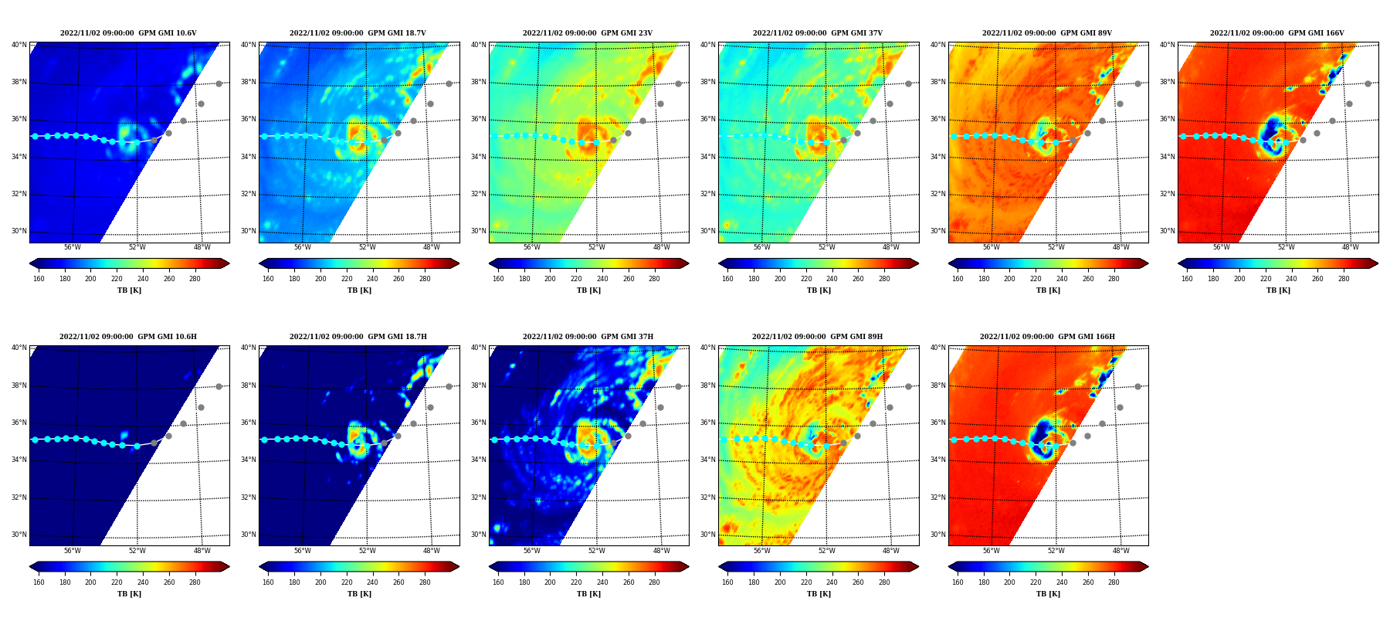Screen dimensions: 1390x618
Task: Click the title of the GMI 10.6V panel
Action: coord(128,33)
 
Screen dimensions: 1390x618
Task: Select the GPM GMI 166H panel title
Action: coord(1047,337)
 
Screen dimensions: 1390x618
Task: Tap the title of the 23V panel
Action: coord(588,33)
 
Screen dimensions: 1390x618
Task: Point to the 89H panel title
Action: coord(818,337)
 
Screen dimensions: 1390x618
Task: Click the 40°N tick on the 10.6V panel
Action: coord(19,45)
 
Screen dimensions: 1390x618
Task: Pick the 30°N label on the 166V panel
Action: coord(1168,231)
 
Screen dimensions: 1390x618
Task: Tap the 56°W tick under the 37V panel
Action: coord(762,247)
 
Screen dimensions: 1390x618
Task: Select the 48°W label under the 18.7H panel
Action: coord(432,551)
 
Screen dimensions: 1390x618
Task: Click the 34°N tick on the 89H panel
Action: coord(708,460)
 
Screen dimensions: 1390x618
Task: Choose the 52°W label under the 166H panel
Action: coord(1056,551)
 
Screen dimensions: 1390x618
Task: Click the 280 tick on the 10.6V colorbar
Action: coord(195,279)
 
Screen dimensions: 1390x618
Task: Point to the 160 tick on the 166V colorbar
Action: coord(1187,279)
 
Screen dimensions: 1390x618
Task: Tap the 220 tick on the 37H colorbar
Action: coord(576,582)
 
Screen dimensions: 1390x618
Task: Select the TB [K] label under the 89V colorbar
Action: coord(1048,290)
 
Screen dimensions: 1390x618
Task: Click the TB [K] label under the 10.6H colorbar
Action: coord(129,594)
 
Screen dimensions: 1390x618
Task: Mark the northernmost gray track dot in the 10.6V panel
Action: coord(219,83)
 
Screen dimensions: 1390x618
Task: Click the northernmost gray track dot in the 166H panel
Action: coord(1137,386)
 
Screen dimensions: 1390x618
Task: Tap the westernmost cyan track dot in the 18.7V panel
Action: coord(264,136)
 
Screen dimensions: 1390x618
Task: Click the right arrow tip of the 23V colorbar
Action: coord(689,263)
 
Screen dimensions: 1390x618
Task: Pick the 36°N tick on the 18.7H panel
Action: coord(249,423)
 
